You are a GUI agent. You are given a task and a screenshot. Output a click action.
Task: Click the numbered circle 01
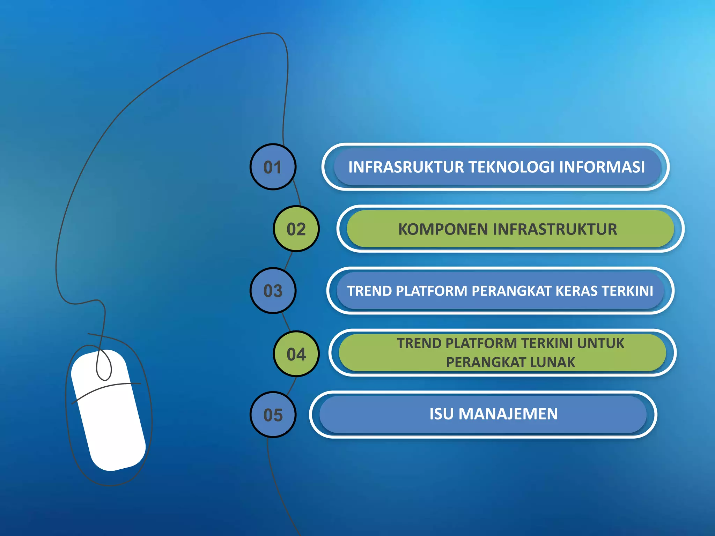273,167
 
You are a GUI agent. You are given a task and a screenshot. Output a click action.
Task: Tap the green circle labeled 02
296,229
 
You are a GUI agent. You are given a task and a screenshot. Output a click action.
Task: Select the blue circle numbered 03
273,291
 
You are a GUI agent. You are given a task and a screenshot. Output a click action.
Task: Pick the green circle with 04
296,354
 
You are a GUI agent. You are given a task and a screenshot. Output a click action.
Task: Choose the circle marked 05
273,415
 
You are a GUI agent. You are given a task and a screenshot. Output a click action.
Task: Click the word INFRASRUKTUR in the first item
406,167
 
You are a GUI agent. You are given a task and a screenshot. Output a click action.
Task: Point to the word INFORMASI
602,167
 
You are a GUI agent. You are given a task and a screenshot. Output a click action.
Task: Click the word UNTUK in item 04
600,343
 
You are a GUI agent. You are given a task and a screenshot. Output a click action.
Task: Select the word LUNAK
552,362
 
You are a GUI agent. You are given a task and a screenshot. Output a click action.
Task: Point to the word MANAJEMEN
508,414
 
